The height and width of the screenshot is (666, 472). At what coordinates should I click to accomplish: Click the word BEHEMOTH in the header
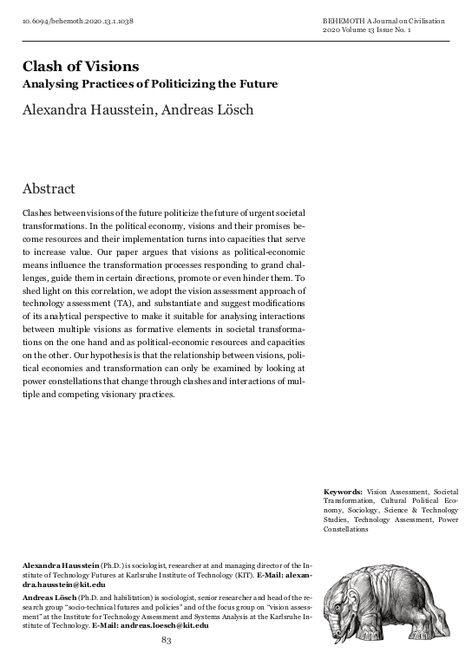[342, 18]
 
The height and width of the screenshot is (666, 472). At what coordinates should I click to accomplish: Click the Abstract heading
[49, 188]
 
